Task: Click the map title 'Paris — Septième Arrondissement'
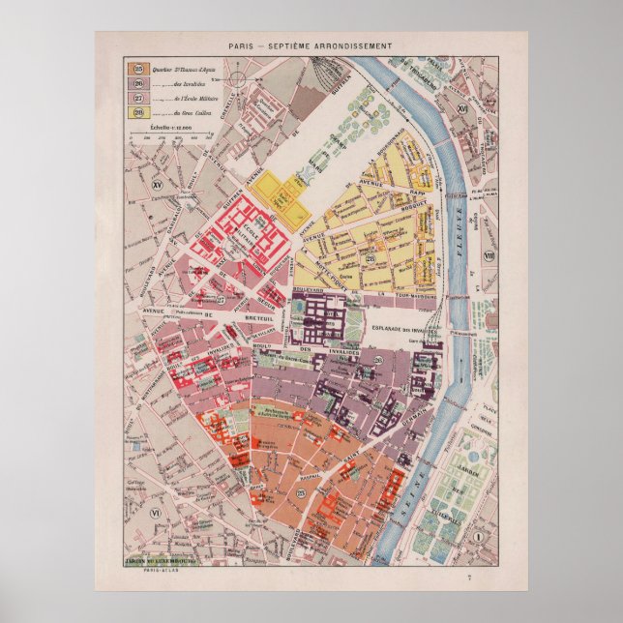[x=310, y=45]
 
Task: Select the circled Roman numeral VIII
[x=489, y=256]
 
